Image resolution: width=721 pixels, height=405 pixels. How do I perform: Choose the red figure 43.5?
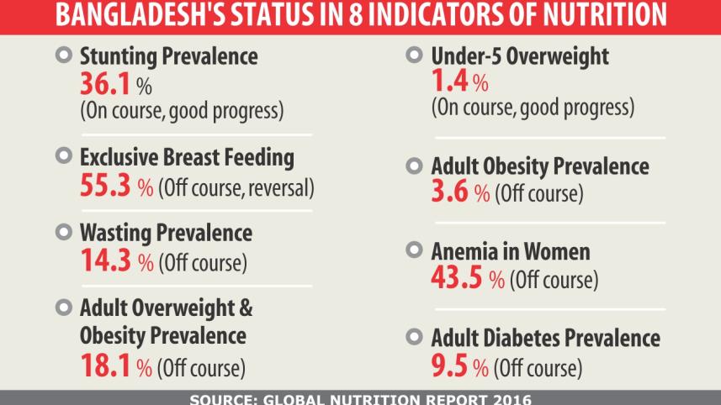coord(456,278)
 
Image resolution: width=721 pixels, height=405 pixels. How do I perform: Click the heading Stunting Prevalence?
coord(168,56)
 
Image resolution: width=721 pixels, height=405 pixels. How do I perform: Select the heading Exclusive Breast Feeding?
coord(187,157)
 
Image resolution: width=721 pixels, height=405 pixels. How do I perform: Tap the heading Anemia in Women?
coord(510,251)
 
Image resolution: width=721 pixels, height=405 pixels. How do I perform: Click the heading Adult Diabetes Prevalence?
coord(545,339)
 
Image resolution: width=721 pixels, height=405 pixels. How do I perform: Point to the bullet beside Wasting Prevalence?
coord(62,231)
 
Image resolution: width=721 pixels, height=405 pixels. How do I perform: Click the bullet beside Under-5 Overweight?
coord(413,55)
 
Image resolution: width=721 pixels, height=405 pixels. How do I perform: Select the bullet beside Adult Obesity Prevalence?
coord(413,166)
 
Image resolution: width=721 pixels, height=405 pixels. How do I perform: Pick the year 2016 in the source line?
coord(511,398)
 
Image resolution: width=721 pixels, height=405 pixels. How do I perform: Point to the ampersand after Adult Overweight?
coord(246,308)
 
